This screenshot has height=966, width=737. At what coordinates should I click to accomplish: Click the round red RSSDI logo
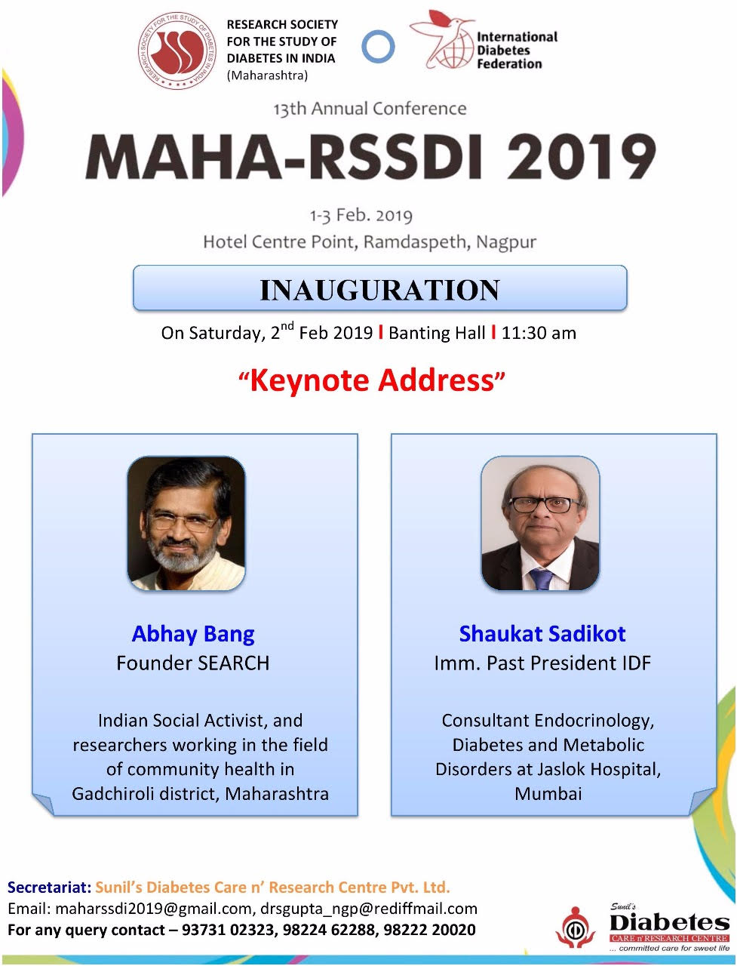point(177,51)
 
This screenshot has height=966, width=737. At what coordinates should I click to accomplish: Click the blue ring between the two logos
point(378,47)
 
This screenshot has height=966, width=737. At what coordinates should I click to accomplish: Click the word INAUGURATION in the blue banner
point(379,290)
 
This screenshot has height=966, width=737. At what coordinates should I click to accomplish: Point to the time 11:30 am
point(539,333)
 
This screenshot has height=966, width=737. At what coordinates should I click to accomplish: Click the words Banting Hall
point(437,333)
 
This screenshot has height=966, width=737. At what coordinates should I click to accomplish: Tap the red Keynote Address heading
point(372,380)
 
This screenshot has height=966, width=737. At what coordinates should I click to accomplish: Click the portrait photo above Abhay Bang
point(186,523)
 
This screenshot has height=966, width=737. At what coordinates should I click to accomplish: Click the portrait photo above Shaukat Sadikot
point(540,523)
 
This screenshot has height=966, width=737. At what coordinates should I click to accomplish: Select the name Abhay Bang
point(193,634)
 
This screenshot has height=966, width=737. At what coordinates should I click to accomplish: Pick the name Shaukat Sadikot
point(542,634)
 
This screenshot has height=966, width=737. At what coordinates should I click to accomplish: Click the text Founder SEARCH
point(193,663)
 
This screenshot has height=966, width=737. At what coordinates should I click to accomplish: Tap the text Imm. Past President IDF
point(542,663)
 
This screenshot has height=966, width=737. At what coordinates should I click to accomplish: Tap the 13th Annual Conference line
point(370,109)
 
